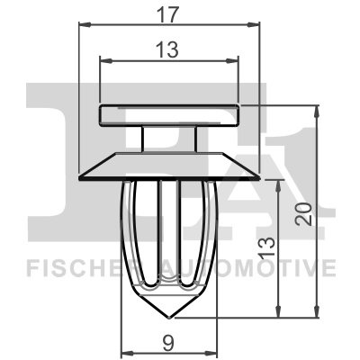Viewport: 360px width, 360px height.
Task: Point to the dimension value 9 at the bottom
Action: coord(170,340)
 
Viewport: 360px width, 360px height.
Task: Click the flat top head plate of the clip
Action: coord(170,114)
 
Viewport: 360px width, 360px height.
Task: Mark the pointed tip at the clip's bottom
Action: coord(171,316)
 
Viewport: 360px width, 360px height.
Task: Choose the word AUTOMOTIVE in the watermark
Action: coord(261,267)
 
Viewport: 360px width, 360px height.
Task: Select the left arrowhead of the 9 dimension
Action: coord(126,352)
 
